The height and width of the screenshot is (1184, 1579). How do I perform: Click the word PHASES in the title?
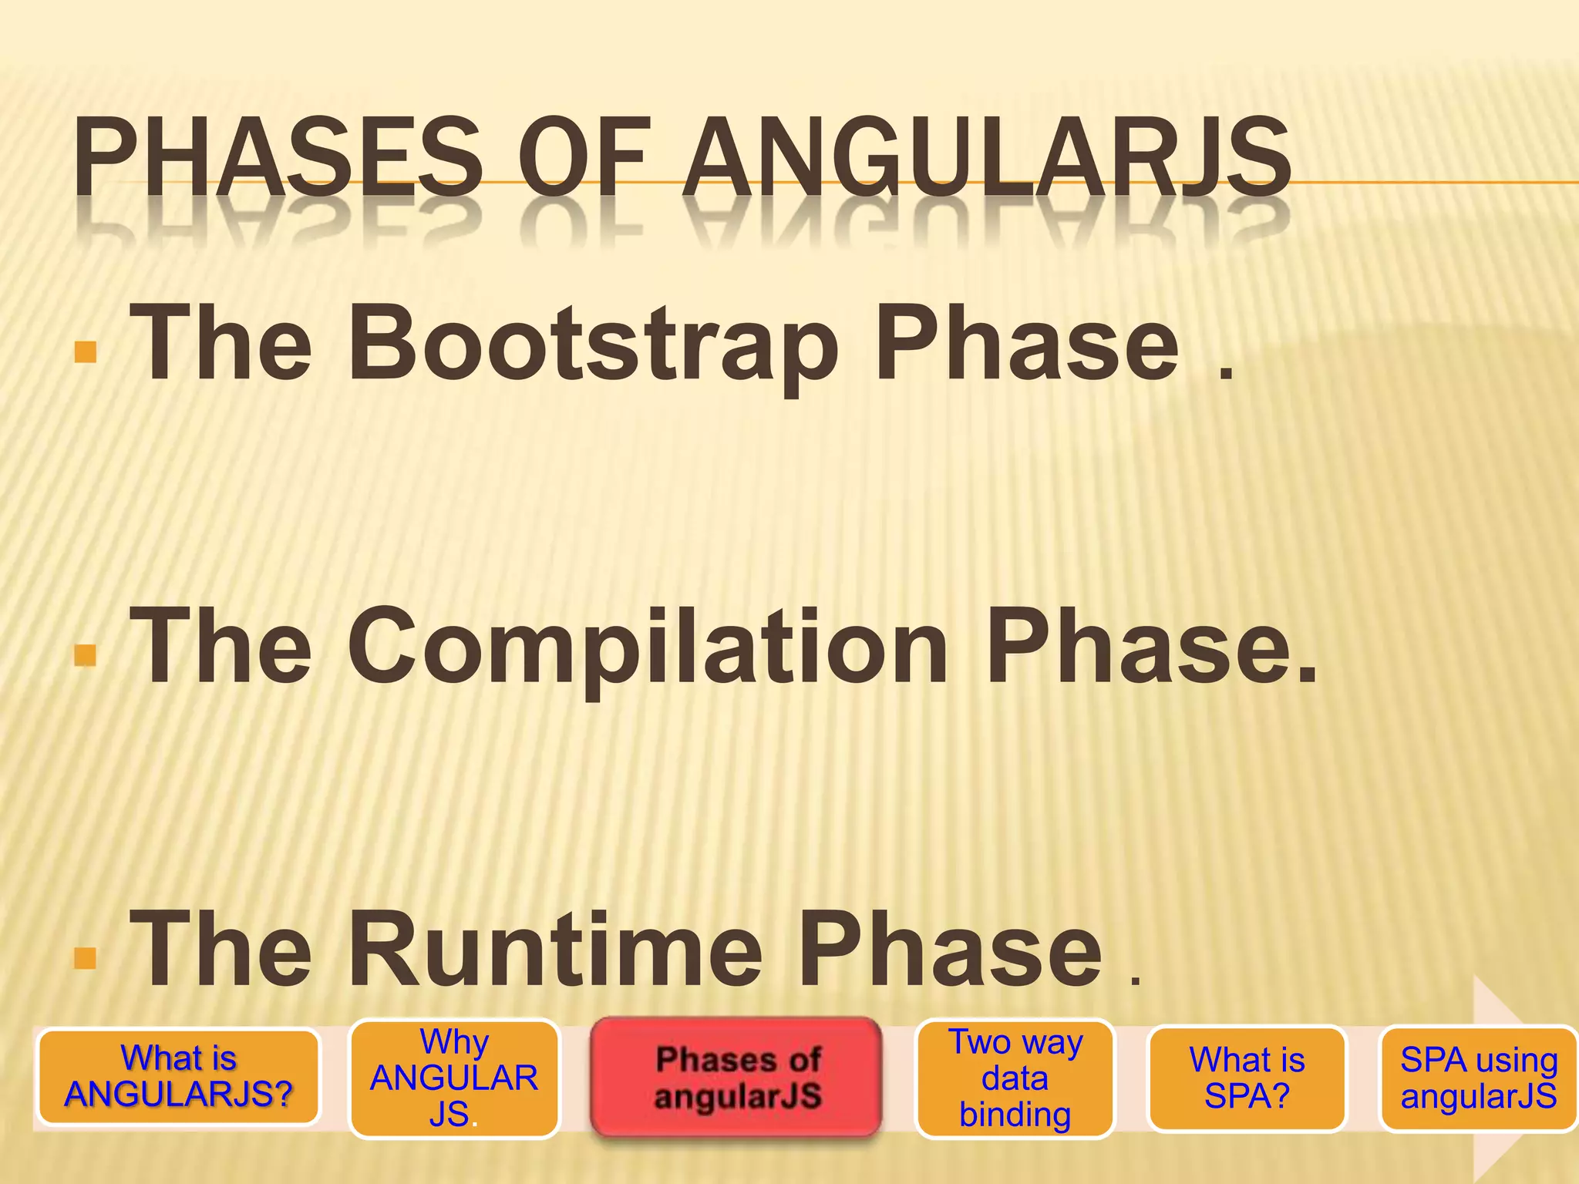point(278,158)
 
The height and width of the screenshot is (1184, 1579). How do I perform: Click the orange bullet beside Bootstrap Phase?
point(86,351)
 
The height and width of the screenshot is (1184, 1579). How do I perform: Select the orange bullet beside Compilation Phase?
point(86,654)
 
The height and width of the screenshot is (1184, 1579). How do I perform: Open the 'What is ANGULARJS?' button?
point(179,1077)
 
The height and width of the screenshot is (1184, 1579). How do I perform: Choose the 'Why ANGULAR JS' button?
point(454,1078)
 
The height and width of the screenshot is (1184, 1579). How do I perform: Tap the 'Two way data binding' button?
point(1015,1078)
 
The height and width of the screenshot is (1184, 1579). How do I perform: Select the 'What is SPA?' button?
point(1247,1078)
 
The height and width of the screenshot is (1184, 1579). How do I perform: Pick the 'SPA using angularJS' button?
point(1478,1078)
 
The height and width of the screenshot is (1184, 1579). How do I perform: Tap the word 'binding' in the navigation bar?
point(1015,1115)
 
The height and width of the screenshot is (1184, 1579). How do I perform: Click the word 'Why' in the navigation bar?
point(454,1042)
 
